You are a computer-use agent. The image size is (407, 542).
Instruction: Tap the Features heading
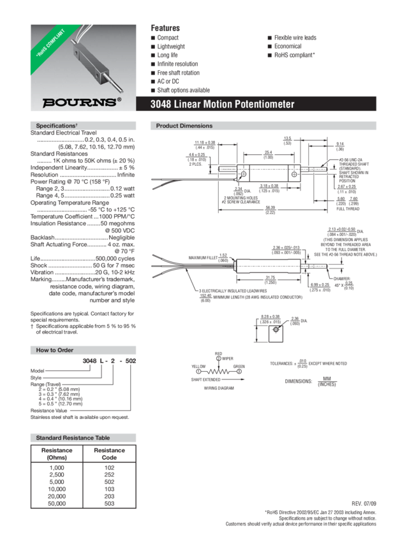[x=165, y=28]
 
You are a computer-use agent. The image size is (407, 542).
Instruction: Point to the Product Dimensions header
[x=184, y=126]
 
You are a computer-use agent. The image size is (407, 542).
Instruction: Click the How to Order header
[x=54, y=350]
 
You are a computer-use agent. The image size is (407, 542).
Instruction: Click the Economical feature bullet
[x=291, y=47]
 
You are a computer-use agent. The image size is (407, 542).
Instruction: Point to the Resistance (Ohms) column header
[x=57, y=453]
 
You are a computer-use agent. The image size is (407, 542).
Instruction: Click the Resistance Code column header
[x=110, y=453]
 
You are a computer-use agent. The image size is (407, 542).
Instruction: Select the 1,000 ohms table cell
[x=57, y=467]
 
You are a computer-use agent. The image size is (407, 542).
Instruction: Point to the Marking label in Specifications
[x=41, y=279]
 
